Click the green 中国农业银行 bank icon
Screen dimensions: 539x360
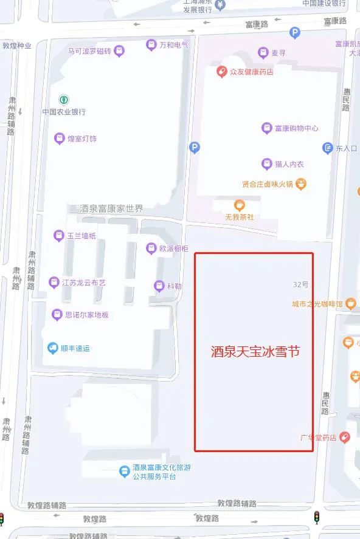63,100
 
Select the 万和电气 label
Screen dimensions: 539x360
173,45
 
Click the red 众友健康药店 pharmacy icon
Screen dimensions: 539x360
223,72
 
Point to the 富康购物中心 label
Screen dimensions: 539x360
296,128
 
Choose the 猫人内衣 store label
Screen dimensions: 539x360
289,164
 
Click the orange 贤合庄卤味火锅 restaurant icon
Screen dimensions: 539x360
300,184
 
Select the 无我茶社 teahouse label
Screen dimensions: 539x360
240,217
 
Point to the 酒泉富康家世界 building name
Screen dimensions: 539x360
112,208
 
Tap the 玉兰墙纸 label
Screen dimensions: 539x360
81,236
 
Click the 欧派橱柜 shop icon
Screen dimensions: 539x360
151,248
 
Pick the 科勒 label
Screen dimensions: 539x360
174,286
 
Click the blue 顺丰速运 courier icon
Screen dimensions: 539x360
53,348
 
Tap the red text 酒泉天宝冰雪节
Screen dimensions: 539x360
255,351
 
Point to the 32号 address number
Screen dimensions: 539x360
300,284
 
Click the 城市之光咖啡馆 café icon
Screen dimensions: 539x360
350,303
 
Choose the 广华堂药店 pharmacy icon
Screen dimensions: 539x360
345,437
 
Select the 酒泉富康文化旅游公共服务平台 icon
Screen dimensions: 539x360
123,470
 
